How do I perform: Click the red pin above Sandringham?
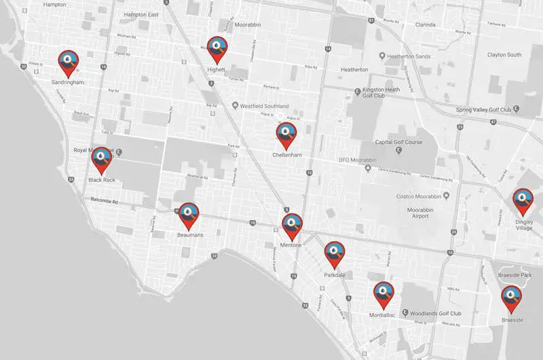[x=68, y=62]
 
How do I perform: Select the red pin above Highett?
[x=217, y=48]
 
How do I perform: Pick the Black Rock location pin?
[x=102, y=160]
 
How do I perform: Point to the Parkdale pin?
[x=334, y=253]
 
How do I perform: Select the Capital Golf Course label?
[x=399, y=143]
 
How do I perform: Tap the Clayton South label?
[x=504, y=54]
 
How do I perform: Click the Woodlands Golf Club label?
[x=436, y=313]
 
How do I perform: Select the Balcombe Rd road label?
[x=105, y=201]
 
